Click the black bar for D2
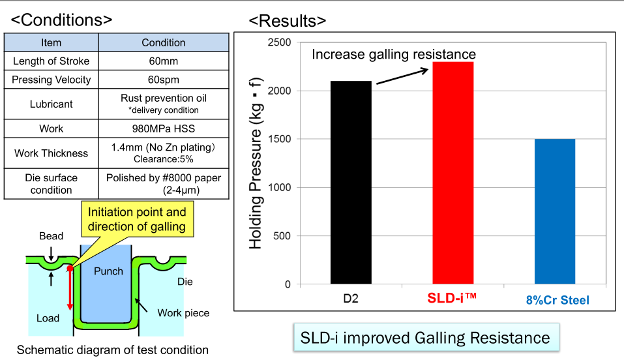[x=351, y=183]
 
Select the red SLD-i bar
[x=453, y=173]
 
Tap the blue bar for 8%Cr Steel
[x=555, y=211]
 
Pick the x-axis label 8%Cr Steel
[x=557, y=301]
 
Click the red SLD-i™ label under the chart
[x=453, y=299]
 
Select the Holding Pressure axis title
[x=256, y=163]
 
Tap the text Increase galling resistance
[x=394, y=54]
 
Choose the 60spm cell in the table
[x=164, y=80]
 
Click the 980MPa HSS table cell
[x=164, y=128]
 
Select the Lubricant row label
[x=52, y=104]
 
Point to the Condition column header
[x=164, y=42]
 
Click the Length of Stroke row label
[x=52, y=61]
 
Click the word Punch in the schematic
[x=108, y=271]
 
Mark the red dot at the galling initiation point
[x=70, y=268]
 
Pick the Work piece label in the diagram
[x=183, y=313]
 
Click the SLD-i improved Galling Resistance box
[x=425, y=338]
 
